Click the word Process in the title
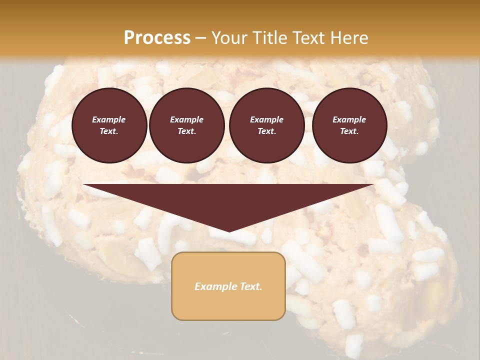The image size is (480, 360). click(x=157, y=38)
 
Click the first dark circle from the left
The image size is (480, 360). click(x=109, y=125)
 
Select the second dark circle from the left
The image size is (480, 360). click(x=187, y=125)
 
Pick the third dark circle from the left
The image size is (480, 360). click(x=267, y=125)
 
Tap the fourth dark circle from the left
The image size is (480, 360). click(x=349, y=125)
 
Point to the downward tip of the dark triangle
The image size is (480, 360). click(x=229, y=231)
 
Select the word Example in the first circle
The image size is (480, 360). click(x=109, y=119)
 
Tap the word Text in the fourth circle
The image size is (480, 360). click(x=349, y=131)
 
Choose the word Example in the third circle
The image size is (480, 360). click(x=266, y=119)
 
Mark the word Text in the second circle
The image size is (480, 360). click(x=186, y=131)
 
